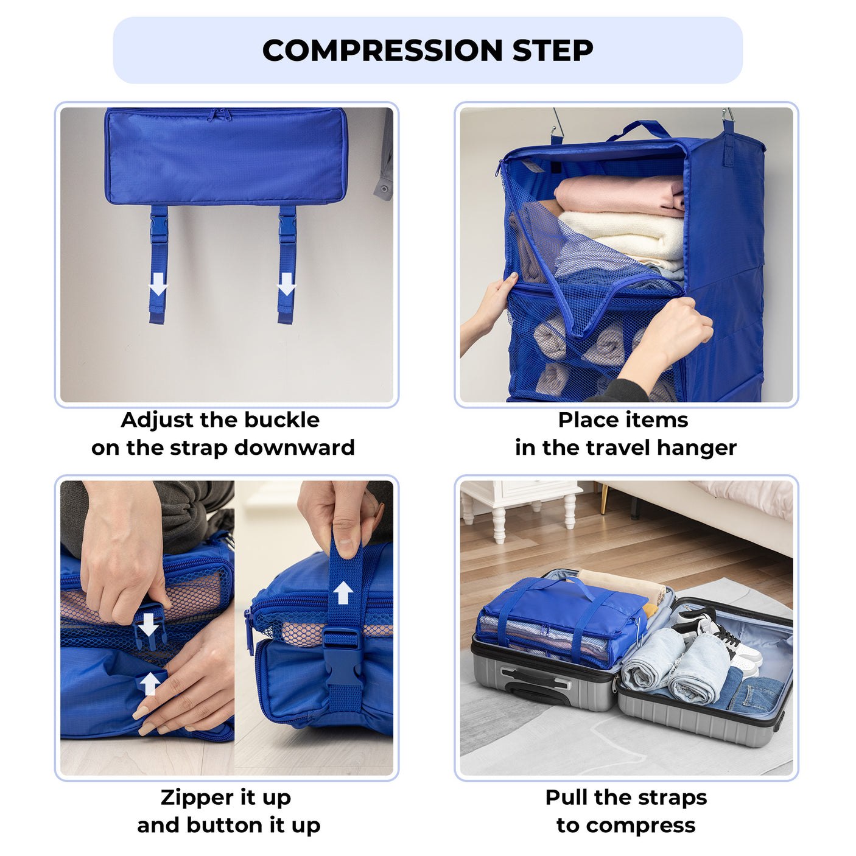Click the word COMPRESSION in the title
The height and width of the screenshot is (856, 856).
point(382,51)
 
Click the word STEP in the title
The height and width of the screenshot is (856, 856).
point(552,51)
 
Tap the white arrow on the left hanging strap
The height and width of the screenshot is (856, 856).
point(158,284)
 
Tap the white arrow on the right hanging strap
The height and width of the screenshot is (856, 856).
point(286,284)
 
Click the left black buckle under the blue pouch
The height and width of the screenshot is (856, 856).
point(159,226)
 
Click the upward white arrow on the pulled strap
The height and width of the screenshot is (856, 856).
point(343,592)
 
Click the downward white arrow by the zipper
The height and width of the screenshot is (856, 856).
point(148,624)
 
